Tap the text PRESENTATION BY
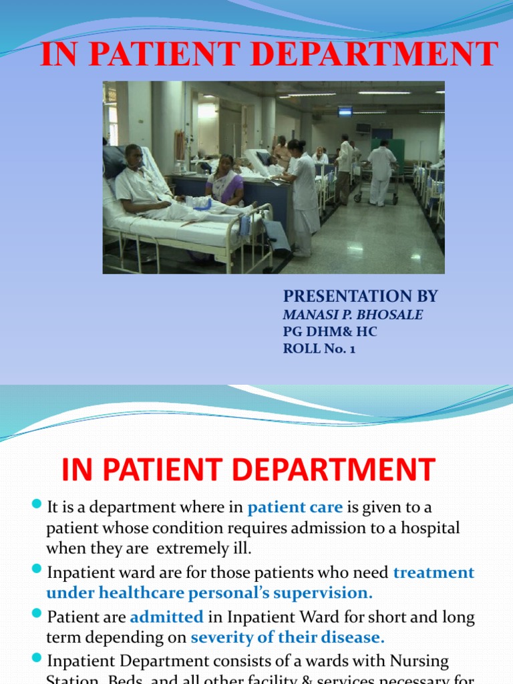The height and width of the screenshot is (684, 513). point(361,296)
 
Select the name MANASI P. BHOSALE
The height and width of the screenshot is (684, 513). point(353,315)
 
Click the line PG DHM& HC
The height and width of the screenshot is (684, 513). point(330,331)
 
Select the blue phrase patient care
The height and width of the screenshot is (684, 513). point(295,508)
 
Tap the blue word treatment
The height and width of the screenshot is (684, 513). point(434,572)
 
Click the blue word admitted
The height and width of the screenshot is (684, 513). point(166,617)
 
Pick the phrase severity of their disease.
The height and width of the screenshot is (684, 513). point(288,637)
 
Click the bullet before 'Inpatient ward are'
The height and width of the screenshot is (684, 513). point(37,569)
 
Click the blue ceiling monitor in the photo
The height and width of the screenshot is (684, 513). point(345,112)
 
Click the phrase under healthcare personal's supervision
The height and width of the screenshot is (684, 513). point(209,592)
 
